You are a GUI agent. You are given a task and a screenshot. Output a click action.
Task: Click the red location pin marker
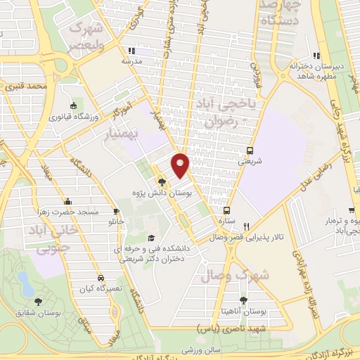coord(181,165)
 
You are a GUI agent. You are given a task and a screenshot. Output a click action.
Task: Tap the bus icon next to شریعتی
coord(250,150)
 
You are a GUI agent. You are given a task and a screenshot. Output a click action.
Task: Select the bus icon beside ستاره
coord(226,210)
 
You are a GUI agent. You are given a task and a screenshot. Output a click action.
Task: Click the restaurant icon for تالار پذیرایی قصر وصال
coord(246,226)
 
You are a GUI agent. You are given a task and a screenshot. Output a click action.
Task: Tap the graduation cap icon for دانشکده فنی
coord(150,239)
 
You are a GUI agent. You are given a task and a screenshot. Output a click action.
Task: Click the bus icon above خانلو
coord(116,211)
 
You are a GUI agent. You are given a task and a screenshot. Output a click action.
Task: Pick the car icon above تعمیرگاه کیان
coord(102,277)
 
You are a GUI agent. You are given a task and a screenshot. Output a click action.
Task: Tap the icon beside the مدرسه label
coord(131,51)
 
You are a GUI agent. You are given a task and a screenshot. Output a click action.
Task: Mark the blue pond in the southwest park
coord(25,283)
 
